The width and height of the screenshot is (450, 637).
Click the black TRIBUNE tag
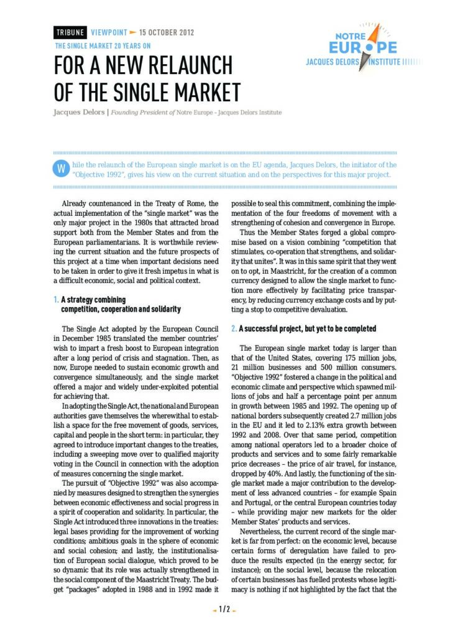70,32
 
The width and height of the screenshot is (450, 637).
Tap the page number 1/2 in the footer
224,610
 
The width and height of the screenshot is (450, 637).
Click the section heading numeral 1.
56,300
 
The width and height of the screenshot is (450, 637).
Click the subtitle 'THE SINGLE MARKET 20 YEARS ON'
103,45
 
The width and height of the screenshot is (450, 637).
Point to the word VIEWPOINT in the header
109,32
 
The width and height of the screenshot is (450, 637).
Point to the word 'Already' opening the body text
74,203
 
